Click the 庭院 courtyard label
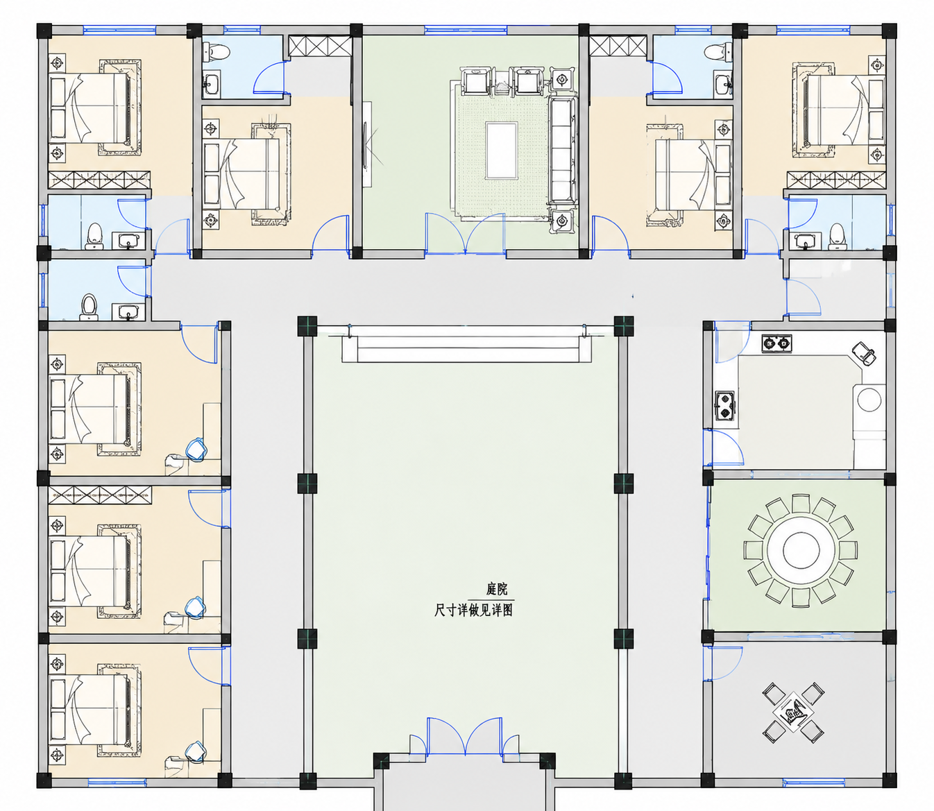(x=496, y=589)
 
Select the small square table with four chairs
(x=793, y=712)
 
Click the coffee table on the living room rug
(x=501, y=150)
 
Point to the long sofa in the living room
(x=562, y=150)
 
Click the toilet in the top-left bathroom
(x=216, y=51)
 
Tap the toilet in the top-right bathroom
(x=718, y=51)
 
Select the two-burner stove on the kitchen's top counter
(x=776, y=343)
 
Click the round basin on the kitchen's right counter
(x=869, y=400)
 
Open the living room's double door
(x=465, y=233)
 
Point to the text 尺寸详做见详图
(x=473, y=611)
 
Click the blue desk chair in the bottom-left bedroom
(x=194, y=751)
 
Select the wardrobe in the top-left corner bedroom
(x=99, y=180)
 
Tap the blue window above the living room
(x=466, y=30)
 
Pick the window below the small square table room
(x=813, y=783)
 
